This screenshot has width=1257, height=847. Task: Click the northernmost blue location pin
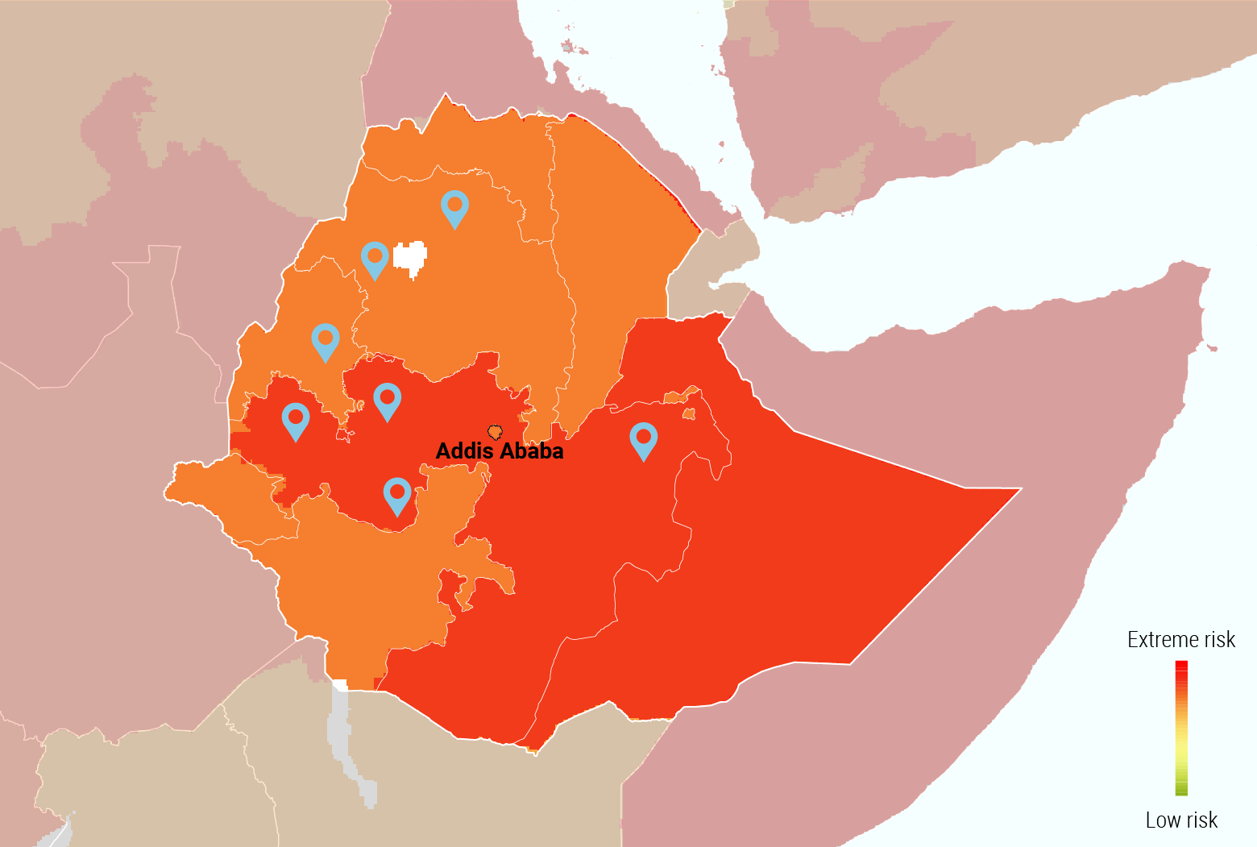pyautogui.click(x=454, y=207)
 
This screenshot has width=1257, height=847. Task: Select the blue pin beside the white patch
pyautogui.click(x=375, y=258)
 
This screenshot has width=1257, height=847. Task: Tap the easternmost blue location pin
pyautogui.click(x=643, y=439)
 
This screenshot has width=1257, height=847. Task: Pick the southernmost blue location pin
pyautogui.click(x=397, y=494)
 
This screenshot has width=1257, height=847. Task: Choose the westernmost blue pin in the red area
pyautogui.click(x=296, y=420)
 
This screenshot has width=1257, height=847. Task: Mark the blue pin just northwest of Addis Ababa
pyautogui.click(x=388, y=400)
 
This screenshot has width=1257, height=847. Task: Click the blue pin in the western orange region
pyautogui.click(x=326, y=340)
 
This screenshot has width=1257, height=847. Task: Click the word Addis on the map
pyautogui.click(x=464, y=451)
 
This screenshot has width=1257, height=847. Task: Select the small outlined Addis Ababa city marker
pyautogui.click(x=495, y=432)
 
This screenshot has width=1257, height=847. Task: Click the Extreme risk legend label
pyautogui.click(x=1180, y=640)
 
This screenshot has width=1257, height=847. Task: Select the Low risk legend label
pyautogui.click(x=1181, y=820)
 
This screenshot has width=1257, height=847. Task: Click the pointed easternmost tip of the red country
pyautogui.click(x=1018, y=488)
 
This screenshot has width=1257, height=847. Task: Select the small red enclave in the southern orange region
pyautogui.click(x=450, y=588)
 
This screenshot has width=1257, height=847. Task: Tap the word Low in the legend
pyautogui.click(x=1163, y=820)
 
